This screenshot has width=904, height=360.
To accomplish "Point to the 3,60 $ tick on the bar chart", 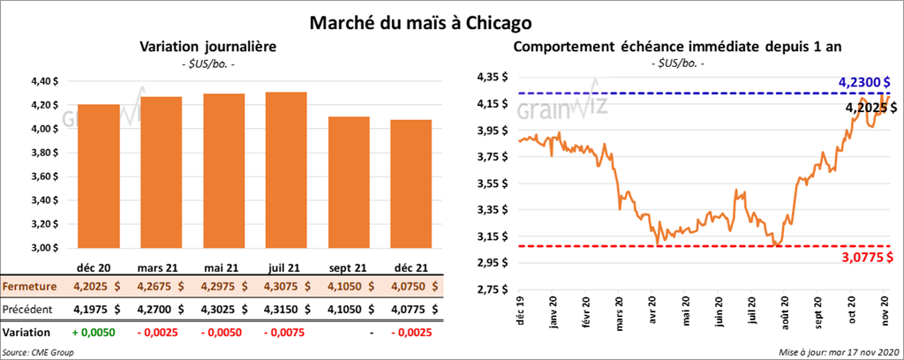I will coord(43,176).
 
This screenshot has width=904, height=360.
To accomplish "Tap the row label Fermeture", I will coord(29,286).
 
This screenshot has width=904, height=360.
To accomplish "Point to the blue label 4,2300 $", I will coord(860,82).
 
